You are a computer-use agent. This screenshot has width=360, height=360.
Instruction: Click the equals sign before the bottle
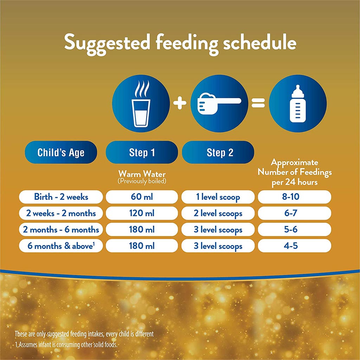[x=258, y=103]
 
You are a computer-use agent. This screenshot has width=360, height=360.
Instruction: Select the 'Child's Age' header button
[x=61, y=153]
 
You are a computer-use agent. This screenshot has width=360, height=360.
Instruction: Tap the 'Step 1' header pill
[x=142, y=153]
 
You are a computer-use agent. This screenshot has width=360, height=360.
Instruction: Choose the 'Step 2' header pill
[x=218, y=153]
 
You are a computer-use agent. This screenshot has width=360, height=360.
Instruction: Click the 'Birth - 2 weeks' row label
[x=61, y=197]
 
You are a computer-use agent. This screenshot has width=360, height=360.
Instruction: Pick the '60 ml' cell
[x=142, y=197]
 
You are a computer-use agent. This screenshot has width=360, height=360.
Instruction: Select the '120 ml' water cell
[x=142, y=213]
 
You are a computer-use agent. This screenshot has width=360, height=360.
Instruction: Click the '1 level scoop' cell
[x=218, y=197]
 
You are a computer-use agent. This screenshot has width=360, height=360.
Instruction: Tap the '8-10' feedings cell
[x=294, y=197]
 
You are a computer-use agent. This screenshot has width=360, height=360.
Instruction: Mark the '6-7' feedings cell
[x=294, y=213]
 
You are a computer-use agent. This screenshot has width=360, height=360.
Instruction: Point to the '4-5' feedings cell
[x=294, y=246]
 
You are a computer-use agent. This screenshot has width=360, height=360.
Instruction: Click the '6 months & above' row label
[x=61, y=246]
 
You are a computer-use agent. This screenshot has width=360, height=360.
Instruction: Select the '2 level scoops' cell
[x=218, y=213]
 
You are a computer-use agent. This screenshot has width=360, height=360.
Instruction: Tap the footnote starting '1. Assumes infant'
[x=66, y=345]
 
